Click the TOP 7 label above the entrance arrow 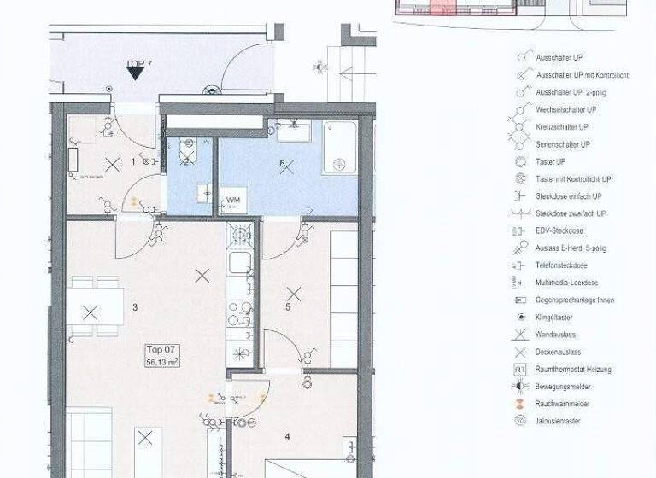[138, 64]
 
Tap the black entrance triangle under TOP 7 [135, 74]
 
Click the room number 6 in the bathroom [282, 163]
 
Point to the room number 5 [288, 306]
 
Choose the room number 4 [287, 437]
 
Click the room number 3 [135, 307]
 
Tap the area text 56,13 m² [162, 362]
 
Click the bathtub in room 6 [339, 148]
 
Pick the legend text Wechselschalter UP [566, 110]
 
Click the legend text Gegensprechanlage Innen [574, 300]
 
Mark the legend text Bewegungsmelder [563, 387]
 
